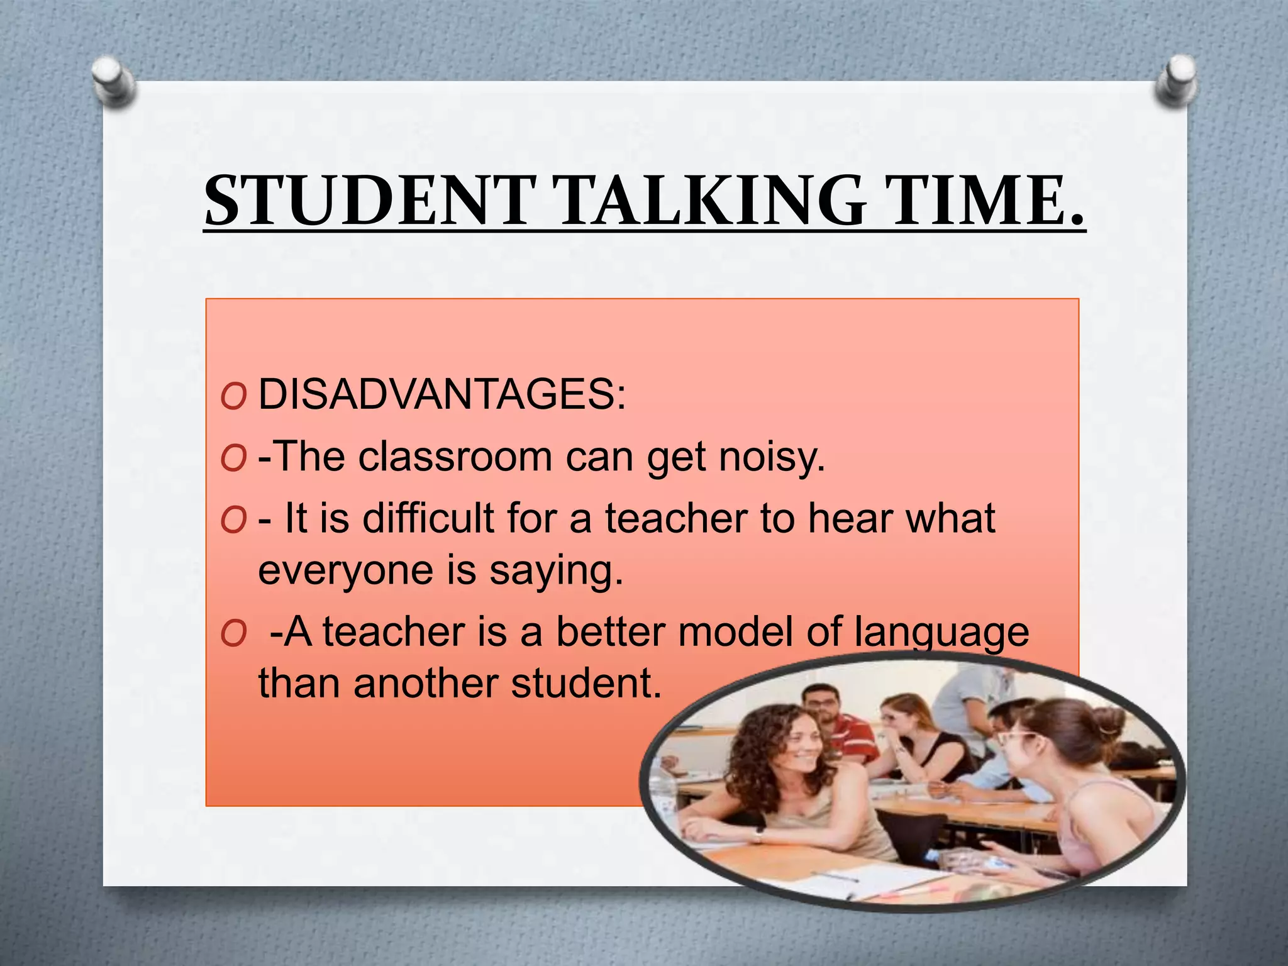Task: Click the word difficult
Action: point(428,518)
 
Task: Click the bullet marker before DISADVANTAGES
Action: point(233,397)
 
